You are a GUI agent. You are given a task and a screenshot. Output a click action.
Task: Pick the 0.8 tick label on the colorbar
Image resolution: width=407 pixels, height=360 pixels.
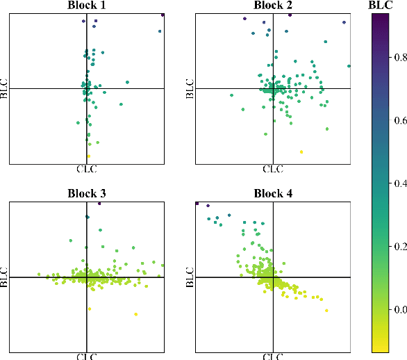coord(399,58)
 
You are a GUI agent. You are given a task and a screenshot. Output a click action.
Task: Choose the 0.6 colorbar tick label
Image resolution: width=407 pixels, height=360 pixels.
coord(399,121)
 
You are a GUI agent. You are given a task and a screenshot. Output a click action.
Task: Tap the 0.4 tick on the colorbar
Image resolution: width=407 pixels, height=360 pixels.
coord(399,183)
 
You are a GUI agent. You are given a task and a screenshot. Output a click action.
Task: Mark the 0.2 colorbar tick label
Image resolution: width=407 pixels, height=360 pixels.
coord(399,246)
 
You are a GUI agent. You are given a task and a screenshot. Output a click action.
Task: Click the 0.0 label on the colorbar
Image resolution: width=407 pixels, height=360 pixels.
coord(399,309)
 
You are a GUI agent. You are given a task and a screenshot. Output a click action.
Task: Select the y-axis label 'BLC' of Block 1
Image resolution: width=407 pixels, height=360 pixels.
coord(5,88)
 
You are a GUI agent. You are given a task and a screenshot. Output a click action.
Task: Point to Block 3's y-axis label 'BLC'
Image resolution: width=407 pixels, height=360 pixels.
coord(5,277)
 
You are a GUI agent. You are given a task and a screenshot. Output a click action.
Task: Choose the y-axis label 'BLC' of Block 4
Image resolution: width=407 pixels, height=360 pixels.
coord(190,277)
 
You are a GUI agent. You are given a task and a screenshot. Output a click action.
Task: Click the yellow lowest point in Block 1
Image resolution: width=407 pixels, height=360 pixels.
coord(88,156)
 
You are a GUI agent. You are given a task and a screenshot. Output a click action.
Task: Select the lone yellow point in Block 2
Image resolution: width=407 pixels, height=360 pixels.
coord(301,152)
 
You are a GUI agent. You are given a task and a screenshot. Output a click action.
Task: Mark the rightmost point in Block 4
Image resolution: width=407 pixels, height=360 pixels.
coord(326,310)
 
